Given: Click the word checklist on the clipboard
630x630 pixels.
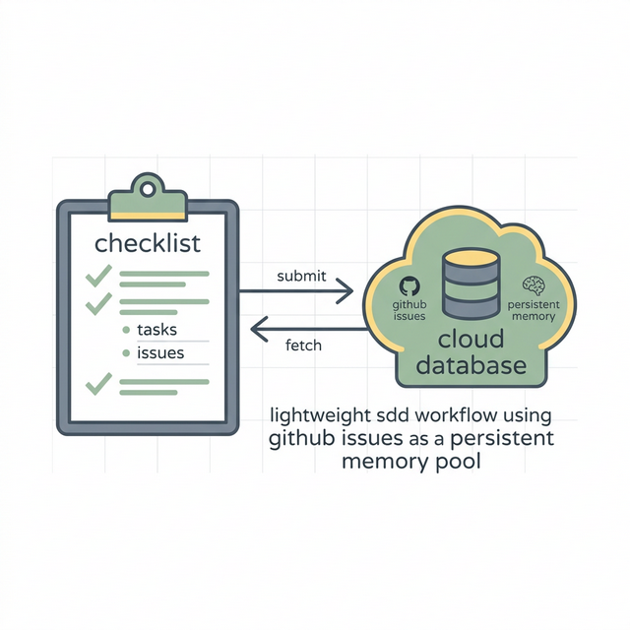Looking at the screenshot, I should coord(147,243).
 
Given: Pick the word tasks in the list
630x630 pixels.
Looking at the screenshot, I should coord(158,331).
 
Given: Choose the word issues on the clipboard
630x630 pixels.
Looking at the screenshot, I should coord(160,352).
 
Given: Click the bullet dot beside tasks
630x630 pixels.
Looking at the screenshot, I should coord(125,332).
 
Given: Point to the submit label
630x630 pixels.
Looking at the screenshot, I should coord(301,276).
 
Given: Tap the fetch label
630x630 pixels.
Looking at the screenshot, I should coord(303,346).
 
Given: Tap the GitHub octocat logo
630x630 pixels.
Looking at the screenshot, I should coord(409,285).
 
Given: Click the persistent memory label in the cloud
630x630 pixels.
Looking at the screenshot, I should coord(534,311).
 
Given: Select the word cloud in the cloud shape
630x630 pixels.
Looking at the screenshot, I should coord(471,340).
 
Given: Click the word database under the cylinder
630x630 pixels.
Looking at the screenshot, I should coord(471,366).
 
